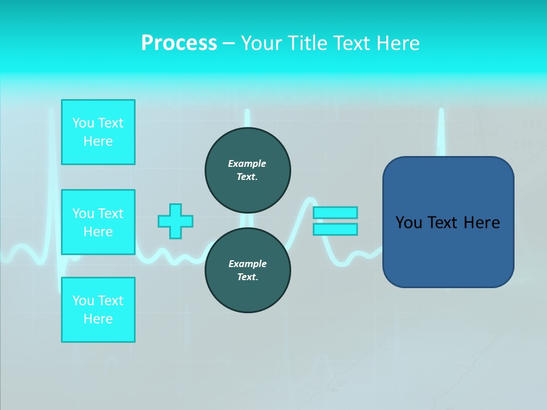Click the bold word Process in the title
[x=179, y=43]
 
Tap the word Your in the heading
[x=262, y=43]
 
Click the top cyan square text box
[x=98, y=132]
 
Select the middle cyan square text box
[x=98, y=222]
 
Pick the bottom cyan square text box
[x=98, y=310]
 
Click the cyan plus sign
[x=175, y=221]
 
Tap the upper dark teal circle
[x=247, y=170]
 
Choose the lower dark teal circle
[x=247, y=270]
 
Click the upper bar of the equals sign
[x=335, y=212]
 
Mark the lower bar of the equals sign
[x=335, y=229]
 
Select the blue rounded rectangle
[x=448, y=251]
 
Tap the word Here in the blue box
[x=481, y=223]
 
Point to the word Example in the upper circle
[x=247, y=163]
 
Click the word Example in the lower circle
[x=247, y=264]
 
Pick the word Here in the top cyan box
[x=98, y=141]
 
